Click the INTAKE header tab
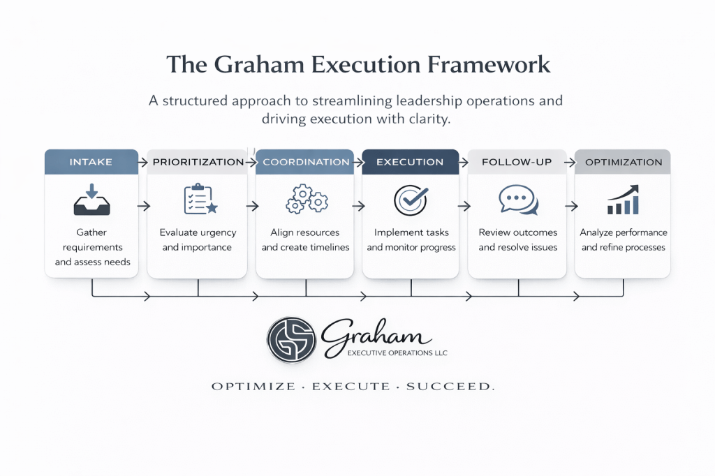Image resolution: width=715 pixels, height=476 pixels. point(91,162)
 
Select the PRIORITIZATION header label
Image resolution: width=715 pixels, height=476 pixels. point(198,162)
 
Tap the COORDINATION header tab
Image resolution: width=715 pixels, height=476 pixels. point(306,162)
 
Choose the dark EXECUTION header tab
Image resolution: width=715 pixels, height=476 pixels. point(410,162)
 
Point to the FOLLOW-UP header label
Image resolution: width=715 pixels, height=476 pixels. point(517,162)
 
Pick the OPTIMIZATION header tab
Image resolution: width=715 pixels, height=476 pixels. point(623,162)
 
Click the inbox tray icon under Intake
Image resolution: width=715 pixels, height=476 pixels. point(91,200)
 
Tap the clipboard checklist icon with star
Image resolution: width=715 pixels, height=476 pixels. point(200,199)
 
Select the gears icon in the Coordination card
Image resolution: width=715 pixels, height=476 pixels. point(307,199)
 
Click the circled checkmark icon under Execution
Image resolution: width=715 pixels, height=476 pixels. point(411,200)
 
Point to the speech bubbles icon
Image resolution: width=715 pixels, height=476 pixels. point(518,200)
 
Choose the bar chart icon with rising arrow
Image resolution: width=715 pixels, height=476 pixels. point(623,200)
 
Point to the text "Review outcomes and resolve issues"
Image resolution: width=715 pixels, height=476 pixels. point(518,240)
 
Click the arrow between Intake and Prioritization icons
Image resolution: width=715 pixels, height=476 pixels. point(144,207)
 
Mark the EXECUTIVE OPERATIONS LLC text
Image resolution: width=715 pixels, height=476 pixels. point(397,353)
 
